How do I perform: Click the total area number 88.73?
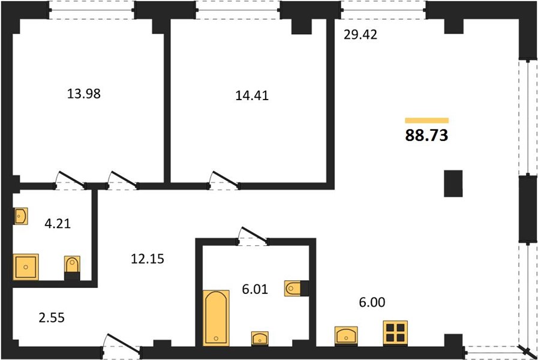click(426, 135)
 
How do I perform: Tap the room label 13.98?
click(84, 94)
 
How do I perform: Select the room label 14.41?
click(252, 95)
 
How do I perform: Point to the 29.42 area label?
click(360, 35)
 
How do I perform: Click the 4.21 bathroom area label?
click(58, 224)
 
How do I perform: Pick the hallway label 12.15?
click(148, 259)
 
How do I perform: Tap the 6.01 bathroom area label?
click(254, 289)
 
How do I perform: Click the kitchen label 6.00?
click(372, 302)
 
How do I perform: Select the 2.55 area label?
click(52, 318)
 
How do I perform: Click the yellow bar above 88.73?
click(427, 121)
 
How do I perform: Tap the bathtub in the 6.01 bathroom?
click(216, 317)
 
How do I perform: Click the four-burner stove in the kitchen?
click(395, 333)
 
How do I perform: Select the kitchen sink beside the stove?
click(346, 335)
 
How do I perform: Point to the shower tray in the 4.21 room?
click(26, 267)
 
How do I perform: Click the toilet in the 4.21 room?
click(72, 268)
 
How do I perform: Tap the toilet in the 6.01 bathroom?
click(296, 288)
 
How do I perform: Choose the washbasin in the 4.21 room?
click(20, 216)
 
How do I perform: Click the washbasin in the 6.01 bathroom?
click(260, 338)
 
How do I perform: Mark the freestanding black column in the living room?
click(453, 184)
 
